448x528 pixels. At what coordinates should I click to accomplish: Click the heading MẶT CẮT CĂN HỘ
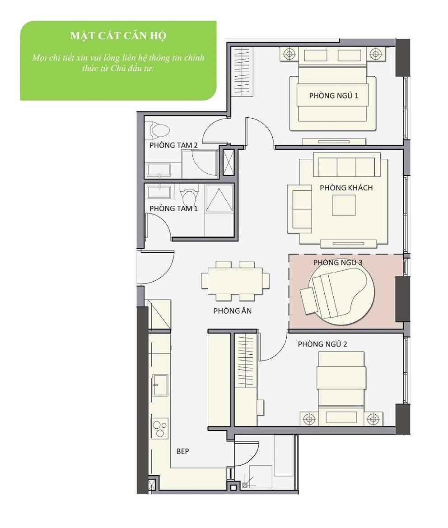pos(118,36)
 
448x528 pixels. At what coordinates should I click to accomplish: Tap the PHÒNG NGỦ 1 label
pos(334,96)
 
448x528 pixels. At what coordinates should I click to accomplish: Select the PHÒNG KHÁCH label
pos(346,188)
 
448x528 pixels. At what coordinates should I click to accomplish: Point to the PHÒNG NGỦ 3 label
pos(338,263)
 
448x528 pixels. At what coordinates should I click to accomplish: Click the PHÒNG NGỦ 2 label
pos(322,344)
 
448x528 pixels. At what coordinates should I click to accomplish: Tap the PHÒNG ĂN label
pos(232,311)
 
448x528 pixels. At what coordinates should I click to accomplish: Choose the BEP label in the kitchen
pos(183,451)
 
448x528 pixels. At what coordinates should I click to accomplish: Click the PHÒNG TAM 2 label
pos(173,145)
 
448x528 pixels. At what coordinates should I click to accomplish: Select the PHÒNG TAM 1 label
pos(173,208)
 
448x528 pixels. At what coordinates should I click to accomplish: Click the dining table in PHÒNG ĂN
pos(235,281)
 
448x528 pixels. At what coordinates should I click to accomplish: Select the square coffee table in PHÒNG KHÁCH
pos(344,205)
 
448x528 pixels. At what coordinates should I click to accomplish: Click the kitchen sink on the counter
pos(160,385)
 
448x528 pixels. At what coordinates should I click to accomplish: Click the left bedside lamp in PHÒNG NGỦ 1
pos(289,53)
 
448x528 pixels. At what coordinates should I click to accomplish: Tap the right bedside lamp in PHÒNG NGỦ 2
pos(373,419)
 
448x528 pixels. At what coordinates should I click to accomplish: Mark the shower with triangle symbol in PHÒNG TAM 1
pos(219,199)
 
